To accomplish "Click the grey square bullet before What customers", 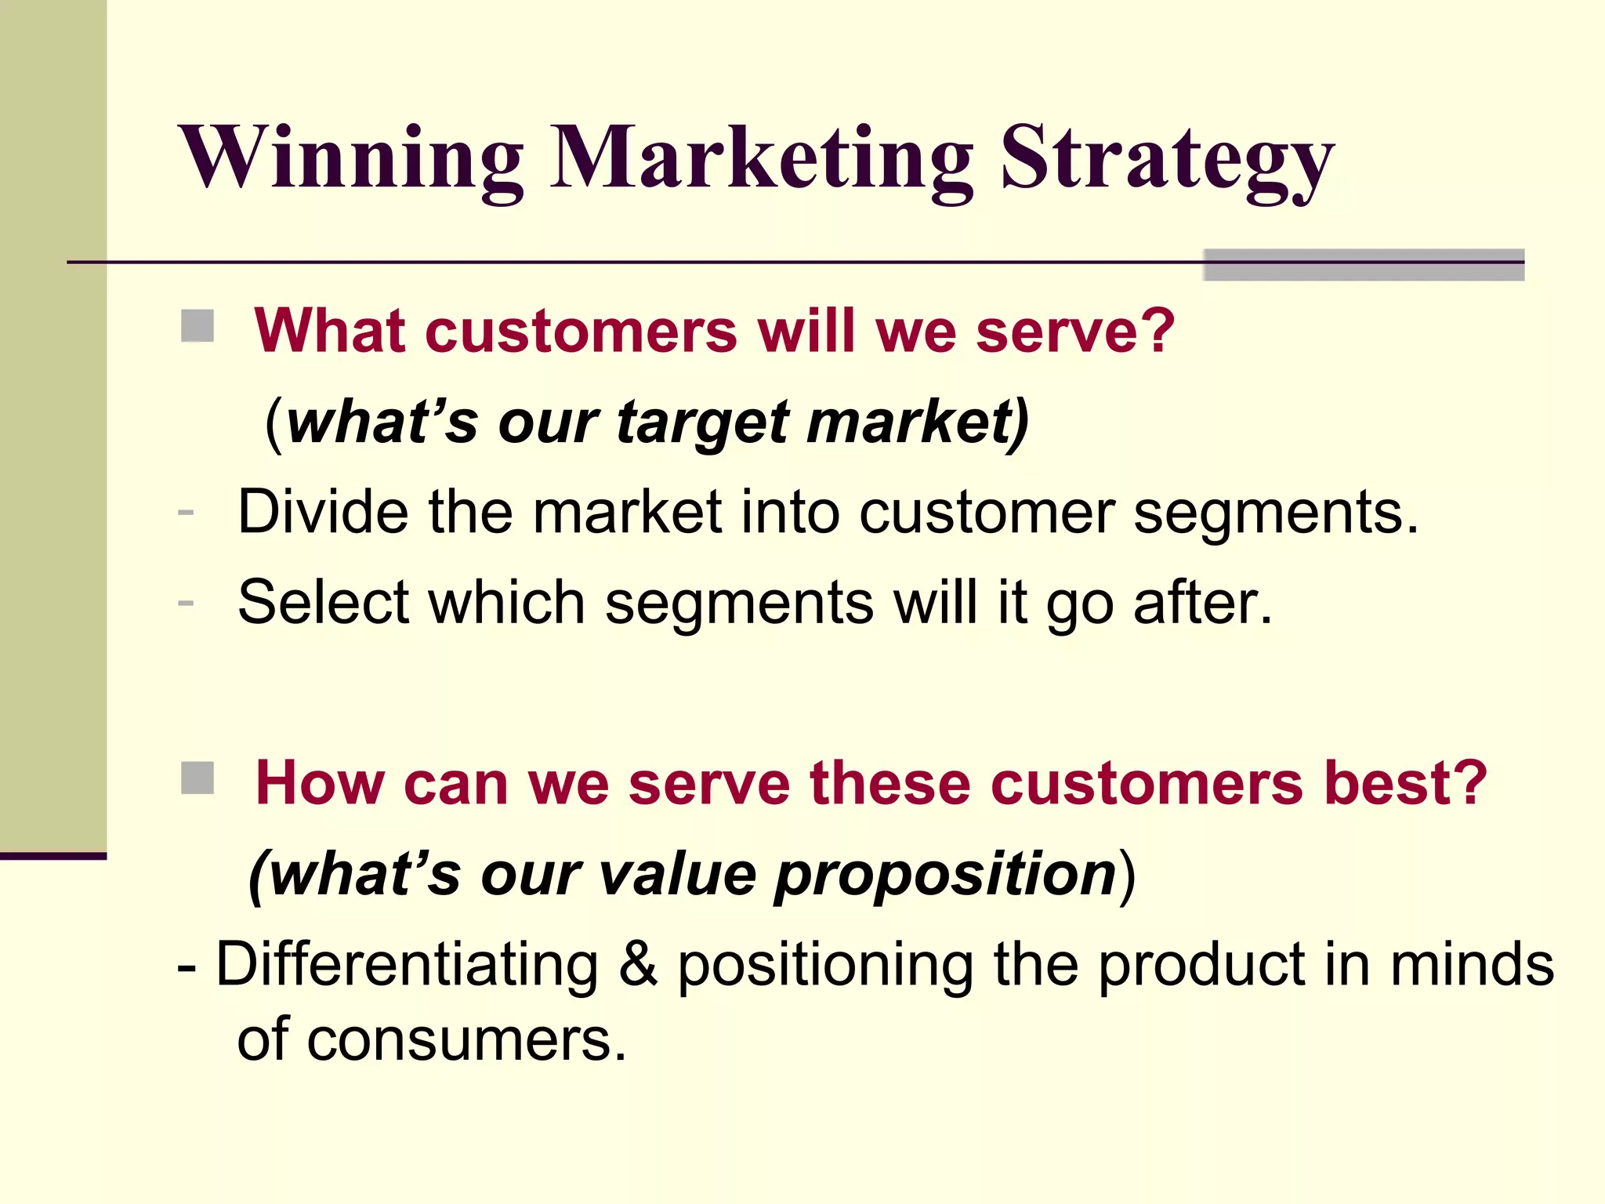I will click(197, 326).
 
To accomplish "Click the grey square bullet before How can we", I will click(197, 778).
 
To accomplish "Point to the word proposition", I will click(945, 875).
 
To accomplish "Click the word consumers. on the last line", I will click(467, 1039).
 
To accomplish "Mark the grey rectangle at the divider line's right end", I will click(1364, 265).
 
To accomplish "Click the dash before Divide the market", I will click(186, 513).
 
